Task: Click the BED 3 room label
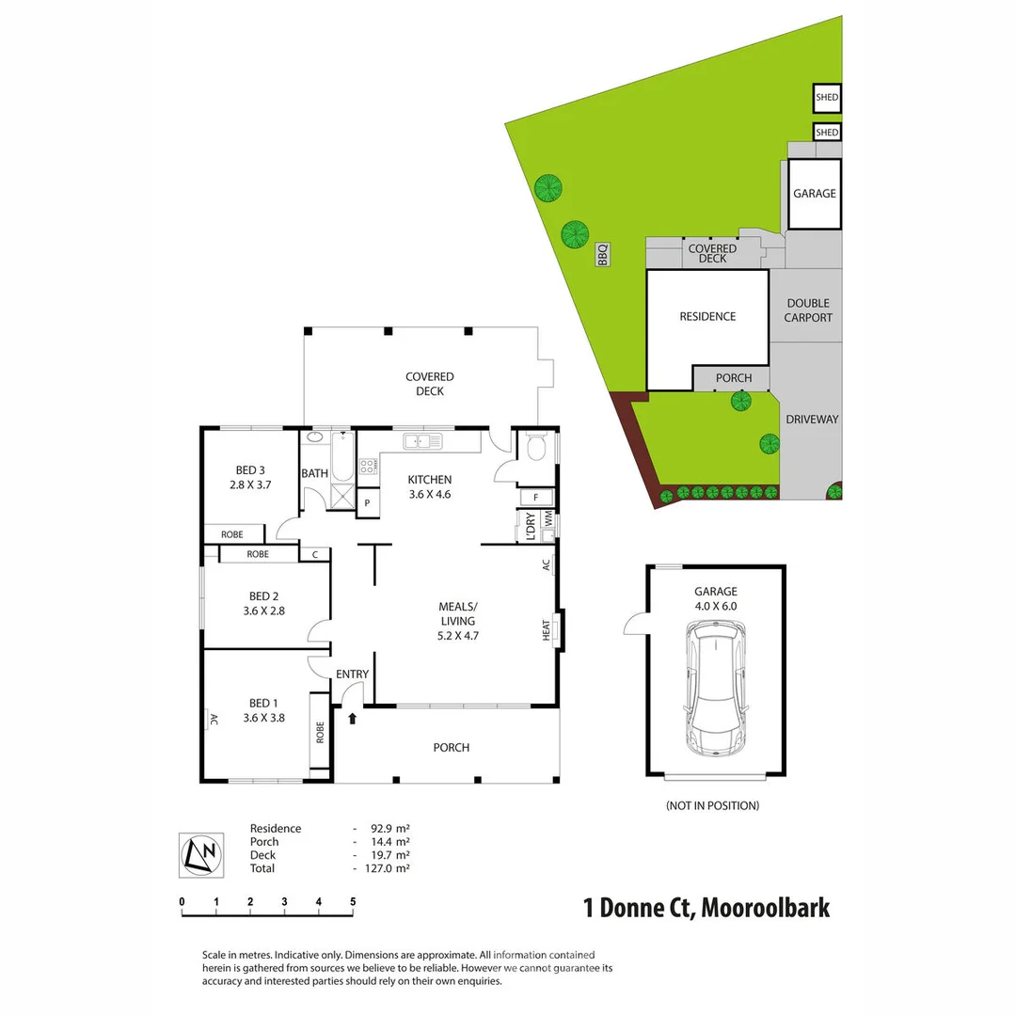tap(249, 471)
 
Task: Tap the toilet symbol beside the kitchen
tap(536, 448)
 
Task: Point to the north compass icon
tap(201, 854)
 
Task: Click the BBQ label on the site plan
tap(603, 254)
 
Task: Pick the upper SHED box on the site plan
tap(827, 97)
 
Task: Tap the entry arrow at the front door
tap(353, 719)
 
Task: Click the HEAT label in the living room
tap(547, 630)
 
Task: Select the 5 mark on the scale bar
tap(353, 901)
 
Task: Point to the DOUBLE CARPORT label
tap(808, 310)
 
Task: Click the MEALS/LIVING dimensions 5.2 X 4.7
tap(457, 635)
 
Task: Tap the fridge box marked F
tap(536, 497)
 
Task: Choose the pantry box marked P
tap(366, 503)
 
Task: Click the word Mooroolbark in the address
tap(765, 908)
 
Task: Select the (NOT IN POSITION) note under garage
tap(712, 805)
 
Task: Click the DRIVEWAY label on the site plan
tap(811, 420)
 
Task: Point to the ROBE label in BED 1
tap(320, 732)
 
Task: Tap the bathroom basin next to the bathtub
tap(314, 437)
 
